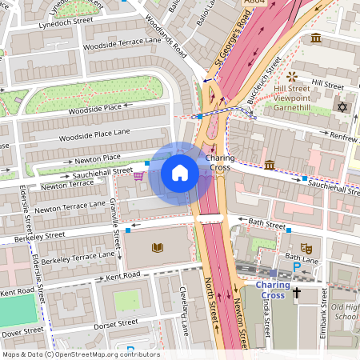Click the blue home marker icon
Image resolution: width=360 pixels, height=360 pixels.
(x=180, y=173)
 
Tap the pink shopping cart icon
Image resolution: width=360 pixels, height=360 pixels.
(x=139, y=176)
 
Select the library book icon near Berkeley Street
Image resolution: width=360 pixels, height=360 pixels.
(x=157, y=247)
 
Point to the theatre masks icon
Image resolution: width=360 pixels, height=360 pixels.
(x=305, y=248)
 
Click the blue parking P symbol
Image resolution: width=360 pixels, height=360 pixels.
(x=297, y=266)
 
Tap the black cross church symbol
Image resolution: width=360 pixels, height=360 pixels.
(x=297, y=294)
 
